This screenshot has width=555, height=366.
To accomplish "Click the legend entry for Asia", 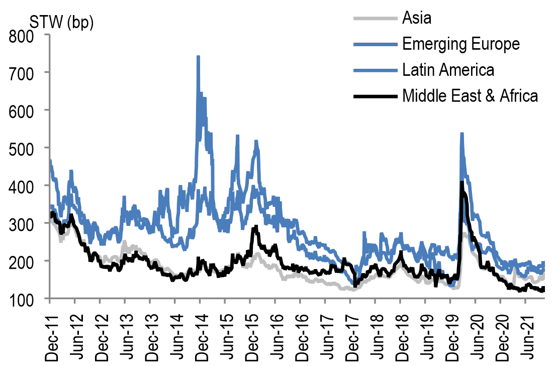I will (417, 19).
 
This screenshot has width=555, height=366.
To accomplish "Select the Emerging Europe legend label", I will (460, 44).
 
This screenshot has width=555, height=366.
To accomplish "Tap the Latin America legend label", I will (448, 70).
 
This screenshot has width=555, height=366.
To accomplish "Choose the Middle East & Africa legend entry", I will (470, 95).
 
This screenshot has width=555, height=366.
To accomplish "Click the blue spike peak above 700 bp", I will (198, 57).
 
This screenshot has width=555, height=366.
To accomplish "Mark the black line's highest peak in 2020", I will (461, 182).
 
